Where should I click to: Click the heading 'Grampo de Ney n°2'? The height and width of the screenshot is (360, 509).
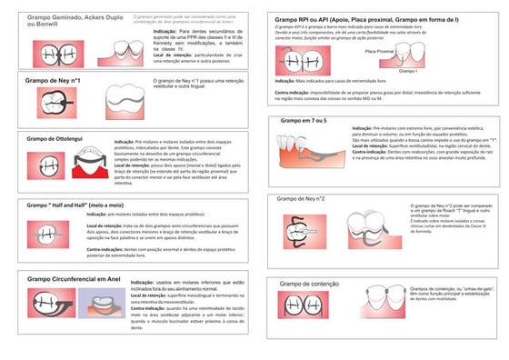click(x=301, y=197)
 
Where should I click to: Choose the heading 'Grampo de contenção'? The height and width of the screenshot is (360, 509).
click(x=308, y=284)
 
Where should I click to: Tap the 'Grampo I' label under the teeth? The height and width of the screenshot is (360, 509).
click(x=408, y=70)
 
